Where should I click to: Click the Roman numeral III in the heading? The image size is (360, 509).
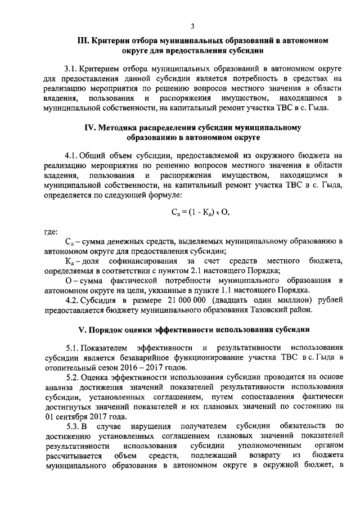(x=84, y=41)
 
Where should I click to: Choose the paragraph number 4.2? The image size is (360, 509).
(x=73, y=299)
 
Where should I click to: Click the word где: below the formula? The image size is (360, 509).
(x=52, y=231)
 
